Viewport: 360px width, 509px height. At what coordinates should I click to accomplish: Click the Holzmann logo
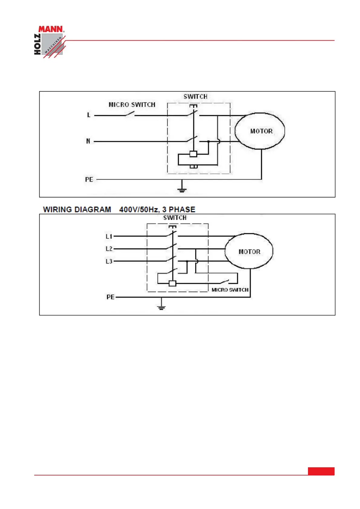click(49, 41)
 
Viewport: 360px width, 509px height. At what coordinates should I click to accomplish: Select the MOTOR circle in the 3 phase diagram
click(249, 251)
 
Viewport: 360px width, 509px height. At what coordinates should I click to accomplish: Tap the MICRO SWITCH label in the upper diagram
click(132, 105)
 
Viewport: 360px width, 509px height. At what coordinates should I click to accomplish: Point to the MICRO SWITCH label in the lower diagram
click(230, 290)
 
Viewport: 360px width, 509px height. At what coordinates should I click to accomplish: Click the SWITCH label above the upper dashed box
click(195, 97)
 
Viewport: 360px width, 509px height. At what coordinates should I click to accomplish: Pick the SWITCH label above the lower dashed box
click(175, 218)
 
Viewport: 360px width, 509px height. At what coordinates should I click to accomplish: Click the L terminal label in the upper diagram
click(89, 115)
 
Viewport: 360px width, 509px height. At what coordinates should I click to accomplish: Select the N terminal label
click(88, 141)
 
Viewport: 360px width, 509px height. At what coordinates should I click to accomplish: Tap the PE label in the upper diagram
click(89, 180)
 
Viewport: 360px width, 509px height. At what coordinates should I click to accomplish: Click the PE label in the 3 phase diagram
click(110, 297)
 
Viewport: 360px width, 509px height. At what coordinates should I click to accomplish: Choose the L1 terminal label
click(109, 236)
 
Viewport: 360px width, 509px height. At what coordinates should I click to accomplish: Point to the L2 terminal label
click(109, 249)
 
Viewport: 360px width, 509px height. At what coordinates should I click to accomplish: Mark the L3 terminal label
click(109, 261)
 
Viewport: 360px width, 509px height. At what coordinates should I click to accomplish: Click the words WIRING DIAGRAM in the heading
click(77, 209)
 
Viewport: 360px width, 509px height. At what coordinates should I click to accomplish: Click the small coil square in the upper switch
click(193, 154)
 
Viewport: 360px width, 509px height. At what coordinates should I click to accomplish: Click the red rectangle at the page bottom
click(321, 471)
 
